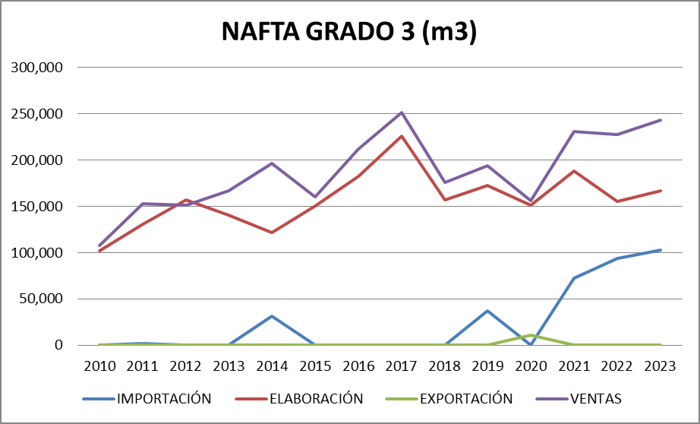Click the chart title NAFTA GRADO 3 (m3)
[349, 32]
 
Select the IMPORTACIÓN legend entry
[163, 399]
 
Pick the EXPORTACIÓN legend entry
[466, 399]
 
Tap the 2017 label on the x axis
[402, 365]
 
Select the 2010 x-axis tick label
[99, 365]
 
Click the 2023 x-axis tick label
[661, 365]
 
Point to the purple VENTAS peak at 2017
[402, 112]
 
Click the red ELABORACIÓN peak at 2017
[402, 136]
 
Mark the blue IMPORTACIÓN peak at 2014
[272, 316]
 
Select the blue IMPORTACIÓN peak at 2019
[488, 311]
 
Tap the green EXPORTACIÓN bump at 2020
[531, 335]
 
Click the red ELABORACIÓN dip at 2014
[272, 233]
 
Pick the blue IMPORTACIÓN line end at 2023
[661, 250]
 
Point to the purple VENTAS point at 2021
[574, 131]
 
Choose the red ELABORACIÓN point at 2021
[574, 171]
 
